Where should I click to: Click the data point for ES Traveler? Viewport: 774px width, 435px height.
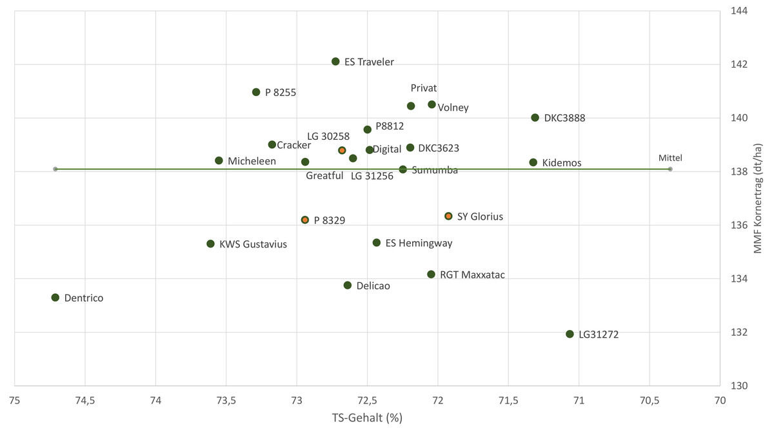[x=335, y=61]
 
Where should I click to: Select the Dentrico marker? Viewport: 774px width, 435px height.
[x=55, y=298]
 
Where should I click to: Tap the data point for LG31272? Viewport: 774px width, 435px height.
[x=570, y=334]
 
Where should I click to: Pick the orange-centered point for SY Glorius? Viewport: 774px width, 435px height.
[x=448, y=216]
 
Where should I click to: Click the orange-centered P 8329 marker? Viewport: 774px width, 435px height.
[x=305, y=220]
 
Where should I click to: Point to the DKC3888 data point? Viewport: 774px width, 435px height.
[x=535, y=117]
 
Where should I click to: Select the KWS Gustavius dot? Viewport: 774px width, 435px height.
[x=210, y=244]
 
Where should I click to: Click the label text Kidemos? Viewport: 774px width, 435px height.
[x=561, y=163]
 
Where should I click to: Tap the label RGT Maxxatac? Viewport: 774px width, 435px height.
[x=472, y=275]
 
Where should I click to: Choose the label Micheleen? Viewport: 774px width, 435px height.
[x=252, y=161]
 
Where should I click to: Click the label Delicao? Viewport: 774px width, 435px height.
[x=373, y=285]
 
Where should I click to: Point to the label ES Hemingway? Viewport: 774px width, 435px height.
[x=419, y=244]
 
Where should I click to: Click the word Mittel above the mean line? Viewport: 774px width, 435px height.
[x=670, y=158]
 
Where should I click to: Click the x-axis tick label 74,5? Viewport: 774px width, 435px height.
[x=85, y=400]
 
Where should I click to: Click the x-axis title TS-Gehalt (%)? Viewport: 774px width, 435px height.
[x=367, y=418]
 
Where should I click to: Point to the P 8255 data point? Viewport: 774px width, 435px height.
[x=256, y=92]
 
